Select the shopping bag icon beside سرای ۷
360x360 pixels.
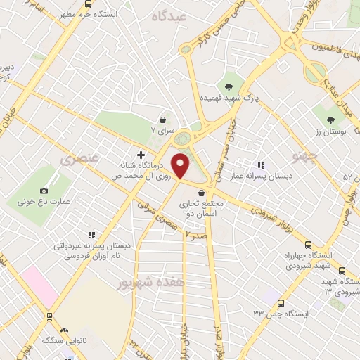pos(163,120)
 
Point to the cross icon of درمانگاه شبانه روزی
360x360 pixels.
pos(141,155)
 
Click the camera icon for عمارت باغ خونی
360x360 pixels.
pos(44,191)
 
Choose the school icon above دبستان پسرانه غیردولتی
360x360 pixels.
pos(90,235)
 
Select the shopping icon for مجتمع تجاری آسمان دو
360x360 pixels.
pos(202,193)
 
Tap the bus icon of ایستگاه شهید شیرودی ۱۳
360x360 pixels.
pos(342,271)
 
